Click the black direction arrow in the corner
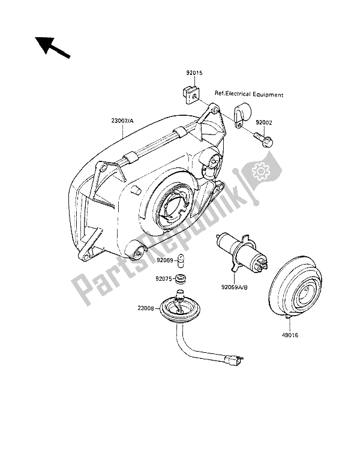click(52, 47)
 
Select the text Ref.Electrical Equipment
click(249, 94)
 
